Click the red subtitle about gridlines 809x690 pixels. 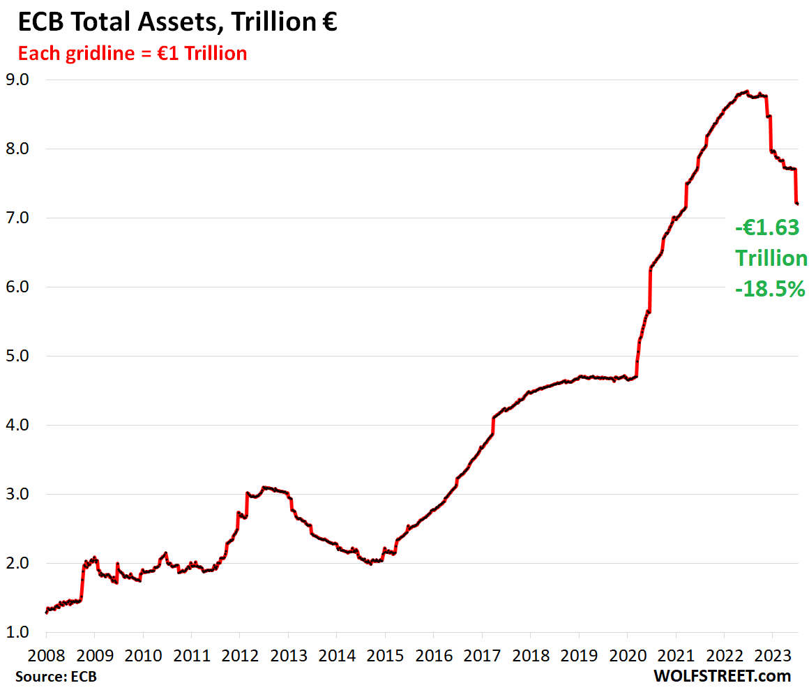pos(132,53)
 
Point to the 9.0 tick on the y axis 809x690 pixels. pos(19,80)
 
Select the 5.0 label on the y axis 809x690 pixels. pos(19,356)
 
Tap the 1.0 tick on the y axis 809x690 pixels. pos(19,632)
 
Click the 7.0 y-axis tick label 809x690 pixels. pos(19,218)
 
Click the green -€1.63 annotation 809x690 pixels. pos(767,228)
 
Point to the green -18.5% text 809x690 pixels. pos(770,288)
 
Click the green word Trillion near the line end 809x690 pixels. pos(771,258)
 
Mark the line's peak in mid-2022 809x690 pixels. pos(747,91)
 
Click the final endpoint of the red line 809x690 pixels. pos(798,204)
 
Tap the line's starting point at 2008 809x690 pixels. pos(46,613)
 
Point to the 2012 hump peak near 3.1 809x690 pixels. pos(264,487)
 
